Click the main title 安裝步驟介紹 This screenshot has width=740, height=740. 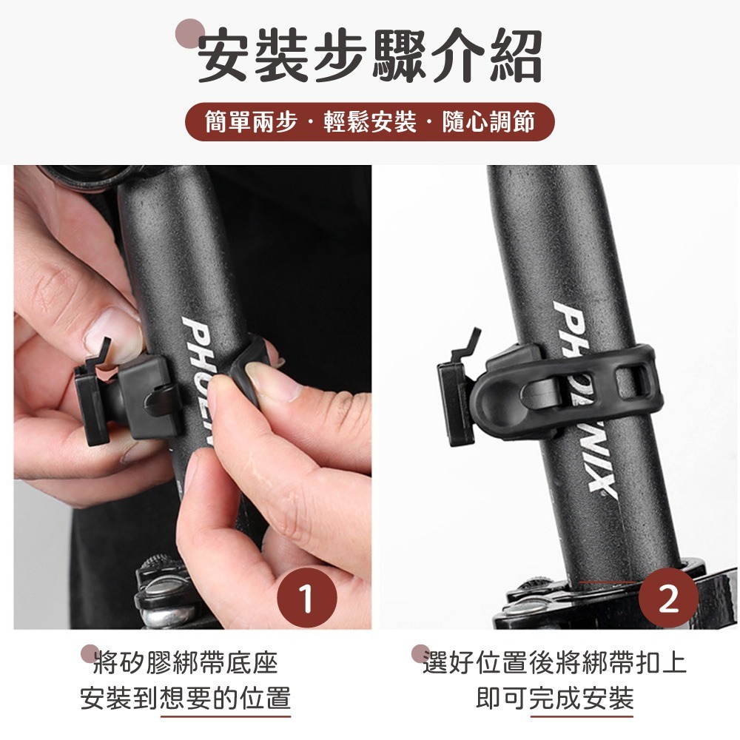pos(369,55)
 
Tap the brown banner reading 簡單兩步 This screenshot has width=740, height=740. pos(369,122)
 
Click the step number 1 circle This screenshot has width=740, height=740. pos(307,597)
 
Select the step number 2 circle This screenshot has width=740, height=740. pos(668,597)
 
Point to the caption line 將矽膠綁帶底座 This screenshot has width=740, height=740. pos(186,662)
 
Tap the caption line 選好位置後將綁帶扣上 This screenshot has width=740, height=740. pos(554,662)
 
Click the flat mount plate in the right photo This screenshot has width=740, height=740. pos(455,403)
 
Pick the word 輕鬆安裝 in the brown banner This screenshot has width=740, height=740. pos(370,122)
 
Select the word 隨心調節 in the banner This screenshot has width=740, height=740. pos(488,122)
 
